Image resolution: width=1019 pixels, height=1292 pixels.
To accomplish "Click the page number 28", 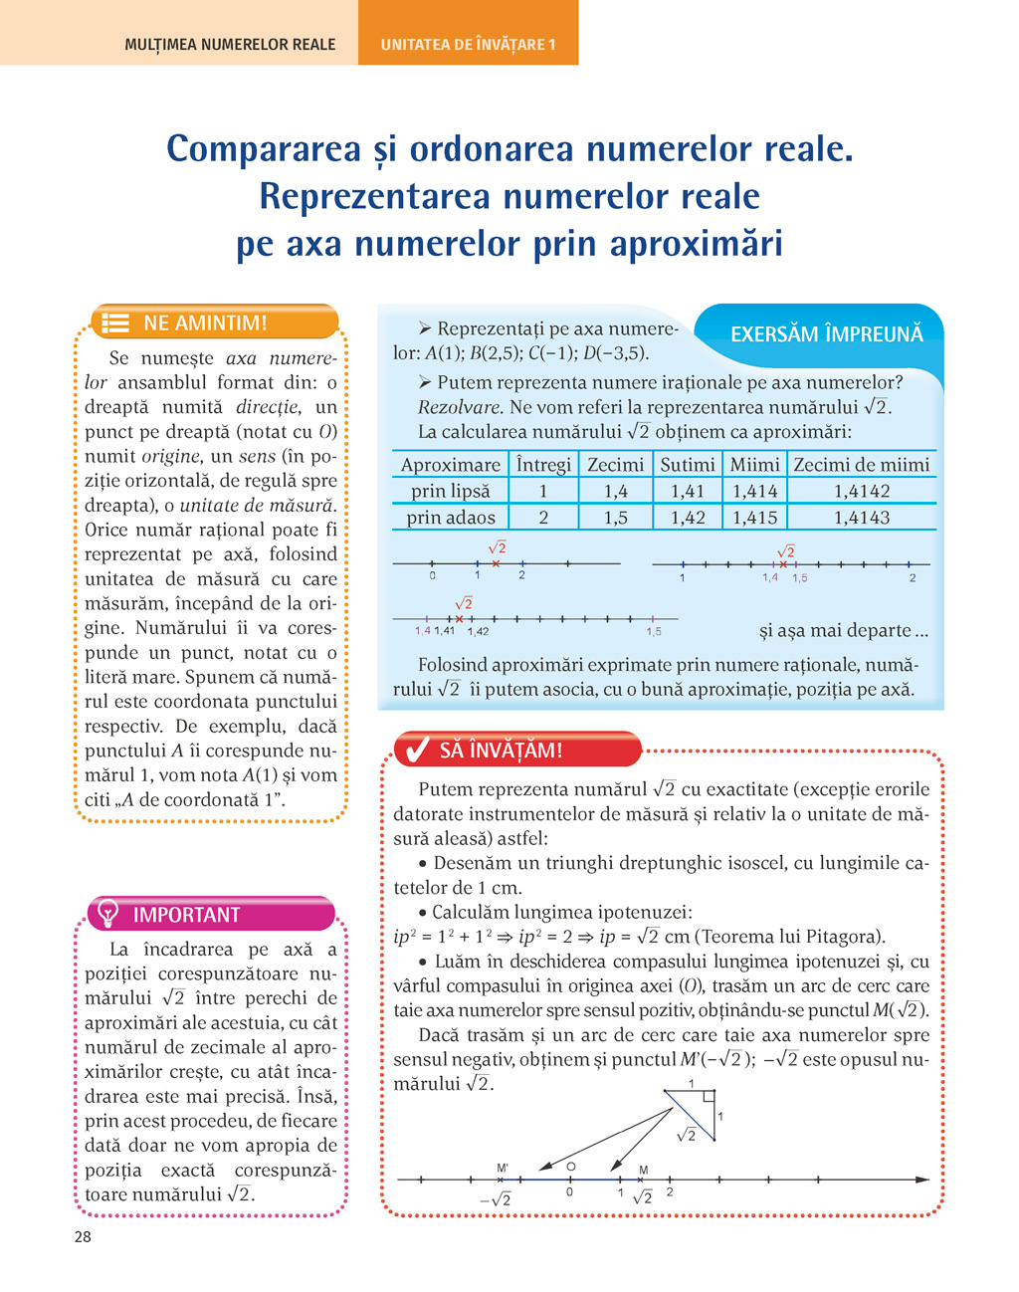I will [83, 1236].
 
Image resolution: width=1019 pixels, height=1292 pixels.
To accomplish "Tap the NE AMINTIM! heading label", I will [205, 323].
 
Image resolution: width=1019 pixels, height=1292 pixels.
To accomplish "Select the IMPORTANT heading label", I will [186, 915].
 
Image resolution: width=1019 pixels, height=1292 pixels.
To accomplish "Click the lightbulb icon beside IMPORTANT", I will [108, 914].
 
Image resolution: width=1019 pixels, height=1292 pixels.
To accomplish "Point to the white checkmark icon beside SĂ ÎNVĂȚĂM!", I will [413, 750].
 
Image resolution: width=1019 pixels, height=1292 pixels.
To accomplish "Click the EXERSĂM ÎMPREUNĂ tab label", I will [826, 334].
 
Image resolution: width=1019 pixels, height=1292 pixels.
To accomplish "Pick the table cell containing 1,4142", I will [862, 491].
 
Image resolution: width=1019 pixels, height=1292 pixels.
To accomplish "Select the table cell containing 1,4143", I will [862, 518].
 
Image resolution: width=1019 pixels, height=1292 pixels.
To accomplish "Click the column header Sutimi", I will [688, 465].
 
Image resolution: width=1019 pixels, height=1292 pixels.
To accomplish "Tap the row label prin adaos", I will [451, 518].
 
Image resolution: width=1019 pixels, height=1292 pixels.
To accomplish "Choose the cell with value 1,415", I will [755, 518].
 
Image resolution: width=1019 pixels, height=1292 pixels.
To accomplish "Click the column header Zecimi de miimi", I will [862, 465].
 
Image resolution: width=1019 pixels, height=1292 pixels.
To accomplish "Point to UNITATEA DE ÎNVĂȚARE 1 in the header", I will [468, 45].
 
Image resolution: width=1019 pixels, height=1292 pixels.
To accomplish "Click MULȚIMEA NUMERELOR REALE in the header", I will [230, 45].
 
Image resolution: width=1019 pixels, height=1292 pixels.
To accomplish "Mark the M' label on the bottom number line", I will [503, 1168].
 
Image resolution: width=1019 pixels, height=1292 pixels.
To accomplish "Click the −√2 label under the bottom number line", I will [496, 1200].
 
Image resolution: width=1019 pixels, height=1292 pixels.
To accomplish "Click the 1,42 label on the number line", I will [478, 631].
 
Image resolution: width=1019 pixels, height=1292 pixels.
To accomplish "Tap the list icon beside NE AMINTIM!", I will [116, 323].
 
